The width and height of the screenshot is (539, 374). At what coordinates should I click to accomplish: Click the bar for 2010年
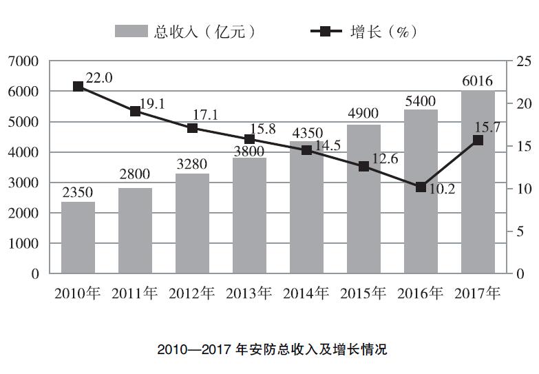78,237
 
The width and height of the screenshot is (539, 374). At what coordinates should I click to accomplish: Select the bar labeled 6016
478,182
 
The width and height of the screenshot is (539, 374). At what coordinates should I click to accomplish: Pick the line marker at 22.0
78,87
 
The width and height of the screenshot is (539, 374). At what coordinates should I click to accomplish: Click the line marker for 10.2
421,187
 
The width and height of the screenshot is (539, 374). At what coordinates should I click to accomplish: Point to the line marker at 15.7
478,141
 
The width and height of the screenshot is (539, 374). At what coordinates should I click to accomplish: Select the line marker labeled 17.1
192,128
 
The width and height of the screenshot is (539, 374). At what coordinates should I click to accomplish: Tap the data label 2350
78,191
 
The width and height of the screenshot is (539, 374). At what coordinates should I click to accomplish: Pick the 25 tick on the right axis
523,61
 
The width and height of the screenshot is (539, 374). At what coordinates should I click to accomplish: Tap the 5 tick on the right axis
520,231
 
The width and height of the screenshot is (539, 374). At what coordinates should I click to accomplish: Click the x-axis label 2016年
421,293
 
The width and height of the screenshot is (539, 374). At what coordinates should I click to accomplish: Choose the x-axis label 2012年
192,293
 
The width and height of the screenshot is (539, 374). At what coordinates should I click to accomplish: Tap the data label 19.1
151,103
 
